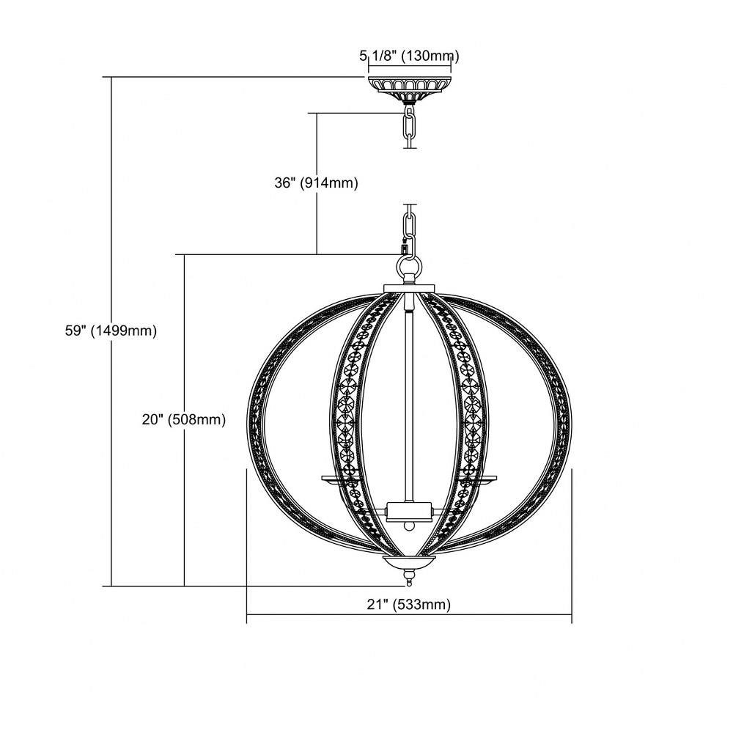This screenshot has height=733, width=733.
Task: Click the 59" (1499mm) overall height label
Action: pyautogui.click(x=111, y=331)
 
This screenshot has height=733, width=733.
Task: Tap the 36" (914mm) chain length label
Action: pyautogui.click(x=316, y=183)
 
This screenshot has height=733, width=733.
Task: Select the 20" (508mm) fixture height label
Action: pyautogui.click(x=184, y=420)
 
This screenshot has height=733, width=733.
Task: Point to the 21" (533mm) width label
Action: pyautogui.click(x=408, y=605)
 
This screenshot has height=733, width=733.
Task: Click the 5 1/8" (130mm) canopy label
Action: pyautogui.click(x=409, y=56)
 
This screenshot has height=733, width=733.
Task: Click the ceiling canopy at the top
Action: pyautogui.click(x=410, y=89)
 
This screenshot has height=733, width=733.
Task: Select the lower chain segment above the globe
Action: pyautogui.click(x=409, y=229)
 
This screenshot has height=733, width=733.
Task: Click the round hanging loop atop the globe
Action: pyautogui.click(x=410, y=269)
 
